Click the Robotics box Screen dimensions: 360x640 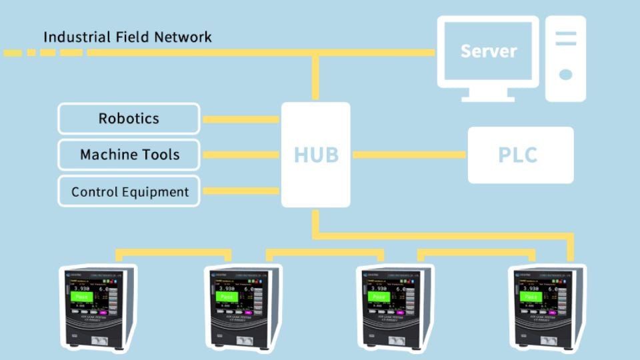coord(129,119)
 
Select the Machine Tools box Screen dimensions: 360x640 coord(129,155)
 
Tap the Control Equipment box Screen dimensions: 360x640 coord(129,192)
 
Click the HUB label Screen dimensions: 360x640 coord(316,155)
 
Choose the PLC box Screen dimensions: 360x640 coord(520,155)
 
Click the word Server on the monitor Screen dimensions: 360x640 coord(488,51)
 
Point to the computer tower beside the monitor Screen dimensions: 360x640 coord(565,59)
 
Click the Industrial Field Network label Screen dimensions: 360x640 coord(127,37)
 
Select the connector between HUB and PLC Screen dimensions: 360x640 coord(409,155)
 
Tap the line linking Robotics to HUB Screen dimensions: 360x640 coord(240,120)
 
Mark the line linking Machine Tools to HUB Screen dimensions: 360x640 coord(240,155)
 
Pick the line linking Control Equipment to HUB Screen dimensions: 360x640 coord(240,191)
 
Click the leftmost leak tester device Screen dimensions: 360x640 coord(99,307)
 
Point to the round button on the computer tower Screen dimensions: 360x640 coord(565,75)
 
